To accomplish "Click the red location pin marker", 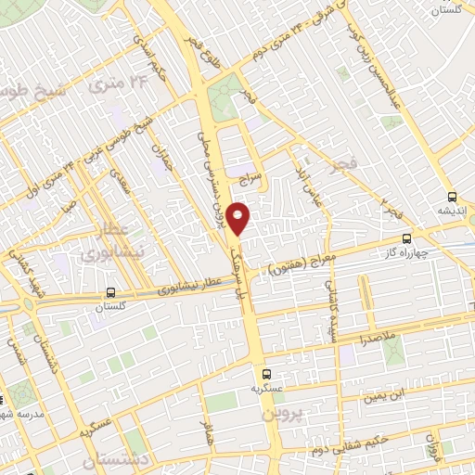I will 238,219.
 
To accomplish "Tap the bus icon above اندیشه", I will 452,197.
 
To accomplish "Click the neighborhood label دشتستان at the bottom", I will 116,460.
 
